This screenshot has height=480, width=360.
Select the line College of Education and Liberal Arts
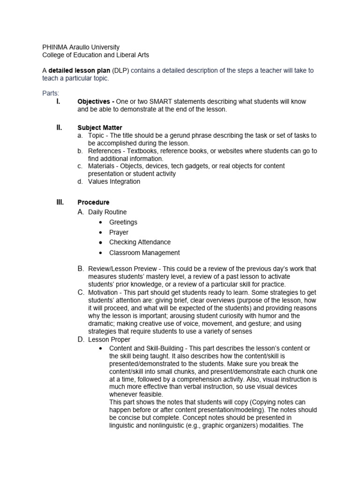click(x=96, y=55)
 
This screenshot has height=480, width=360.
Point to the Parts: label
click(x=51, y=93)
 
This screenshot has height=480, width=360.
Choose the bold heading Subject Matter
click(x=100, y=127)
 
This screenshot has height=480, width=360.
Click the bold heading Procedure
click(x=93, y=202)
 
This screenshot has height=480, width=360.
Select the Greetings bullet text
click(x=123, y=222)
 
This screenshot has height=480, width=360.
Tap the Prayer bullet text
click(x=119, y=232)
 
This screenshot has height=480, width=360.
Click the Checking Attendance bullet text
click(x=140, y=242)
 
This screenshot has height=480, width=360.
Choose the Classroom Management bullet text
click(x=144, y=253)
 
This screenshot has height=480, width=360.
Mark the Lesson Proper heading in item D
click(x=109, y=339)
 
